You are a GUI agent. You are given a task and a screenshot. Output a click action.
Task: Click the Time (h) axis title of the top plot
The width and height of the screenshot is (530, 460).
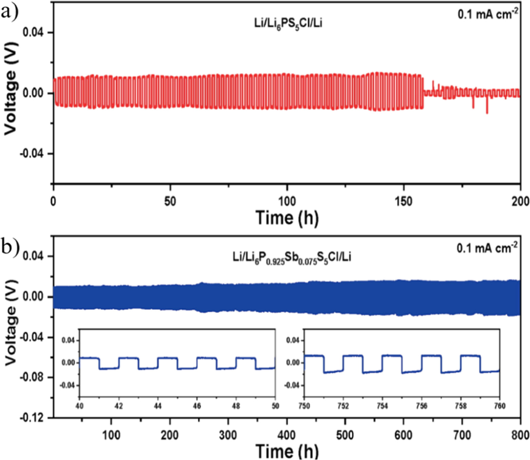pos(287,218)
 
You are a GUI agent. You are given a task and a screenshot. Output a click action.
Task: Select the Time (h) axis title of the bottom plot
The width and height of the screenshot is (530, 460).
pos(287,451)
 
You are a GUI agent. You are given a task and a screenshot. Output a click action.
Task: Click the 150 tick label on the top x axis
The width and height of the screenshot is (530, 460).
pos(403,202)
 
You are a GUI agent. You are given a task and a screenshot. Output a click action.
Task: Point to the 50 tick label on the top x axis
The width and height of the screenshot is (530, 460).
pos(170,202)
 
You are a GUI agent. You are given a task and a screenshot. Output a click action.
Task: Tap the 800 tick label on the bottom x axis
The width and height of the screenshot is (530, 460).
pos(520,435)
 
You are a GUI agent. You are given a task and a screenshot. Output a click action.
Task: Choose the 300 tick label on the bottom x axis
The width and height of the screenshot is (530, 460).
pos(228,435)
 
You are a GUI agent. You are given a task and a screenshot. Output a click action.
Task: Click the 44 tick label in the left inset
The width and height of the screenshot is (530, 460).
pos(158,406)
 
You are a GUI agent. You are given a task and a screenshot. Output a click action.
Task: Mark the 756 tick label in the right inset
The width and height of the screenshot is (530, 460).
pos(421,406)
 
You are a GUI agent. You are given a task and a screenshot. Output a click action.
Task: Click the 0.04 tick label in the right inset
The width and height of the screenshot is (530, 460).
pos(293,340)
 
